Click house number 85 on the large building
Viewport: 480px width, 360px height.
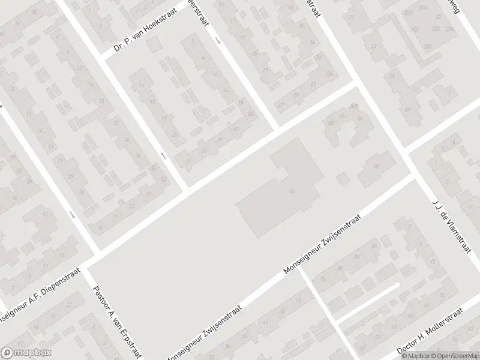click(x=292, y=191)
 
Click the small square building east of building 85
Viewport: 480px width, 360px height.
click(x=343, y=179)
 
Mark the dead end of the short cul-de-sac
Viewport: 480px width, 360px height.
click(x=397, y=286)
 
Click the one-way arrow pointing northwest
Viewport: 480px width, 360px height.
click(x=163, y=156)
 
